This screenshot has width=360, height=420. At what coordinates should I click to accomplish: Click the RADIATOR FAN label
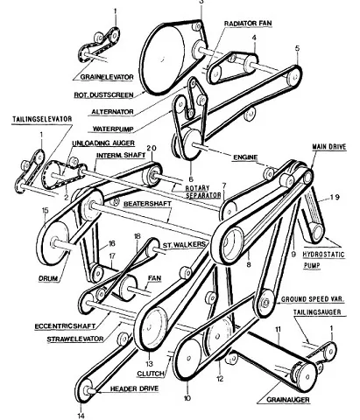click(248, 24)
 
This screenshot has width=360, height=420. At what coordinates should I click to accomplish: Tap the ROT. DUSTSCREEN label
click(104, 94)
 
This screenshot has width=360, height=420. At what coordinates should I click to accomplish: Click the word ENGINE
click(245, 157)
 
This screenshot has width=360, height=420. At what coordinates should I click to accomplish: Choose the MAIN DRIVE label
click(329, 146)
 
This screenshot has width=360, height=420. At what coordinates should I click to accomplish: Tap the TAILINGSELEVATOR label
click(42, 119)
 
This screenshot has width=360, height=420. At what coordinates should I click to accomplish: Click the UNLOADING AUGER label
click(103, 143)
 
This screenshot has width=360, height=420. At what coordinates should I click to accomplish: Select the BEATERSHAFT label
click(147, 204)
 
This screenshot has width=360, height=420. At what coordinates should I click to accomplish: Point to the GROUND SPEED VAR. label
click(313, 299)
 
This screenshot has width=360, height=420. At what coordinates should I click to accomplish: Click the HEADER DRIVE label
click(134, 388)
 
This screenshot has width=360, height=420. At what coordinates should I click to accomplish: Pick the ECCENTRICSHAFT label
click(65, 325)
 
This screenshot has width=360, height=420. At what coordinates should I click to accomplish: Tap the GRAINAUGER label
click(288, 399)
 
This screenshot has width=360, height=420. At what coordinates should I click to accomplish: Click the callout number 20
click(152, 148)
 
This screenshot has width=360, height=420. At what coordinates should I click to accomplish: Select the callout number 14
click(81, 416)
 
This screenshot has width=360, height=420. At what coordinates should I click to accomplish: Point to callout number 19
click(335, 197)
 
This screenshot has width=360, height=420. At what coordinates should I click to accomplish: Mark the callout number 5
click(297, 48)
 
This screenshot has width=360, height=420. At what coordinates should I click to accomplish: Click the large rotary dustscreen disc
click(164, 59)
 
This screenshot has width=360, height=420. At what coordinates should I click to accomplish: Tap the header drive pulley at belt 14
click(86, 391)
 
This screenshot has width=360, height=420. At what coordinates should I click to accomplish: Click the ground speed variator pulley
click(265, 303)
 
